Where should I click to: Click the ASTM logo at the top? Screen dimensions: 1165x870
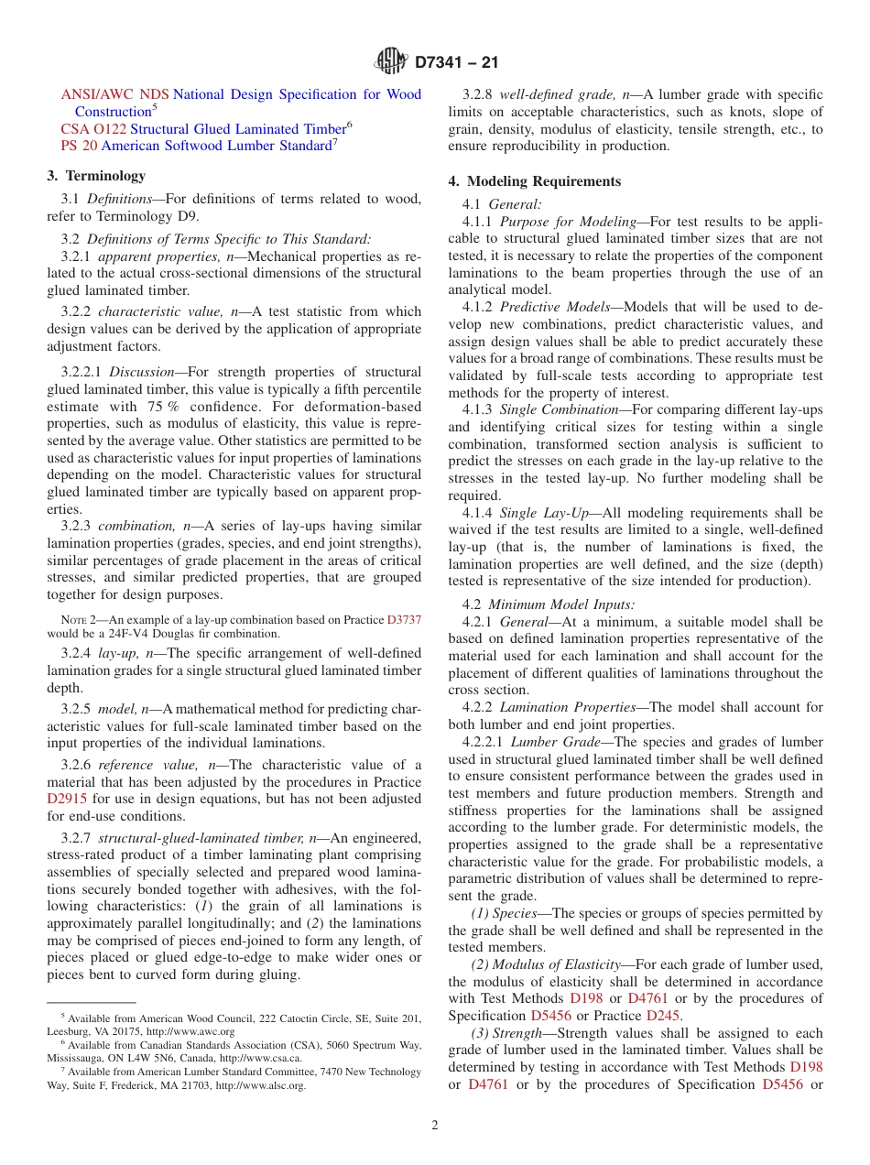391,62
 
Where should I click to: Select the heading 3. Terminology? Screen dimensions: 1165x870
96,176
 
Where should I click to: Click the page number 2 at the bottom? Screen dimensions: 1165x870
435,1126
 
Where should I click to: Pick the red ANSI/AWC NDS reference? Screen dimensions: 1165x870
114,94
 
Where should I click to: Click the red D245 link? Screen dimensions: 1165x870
664,1016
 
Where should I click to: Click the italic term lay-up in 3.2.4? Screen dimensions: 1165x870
116,654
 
